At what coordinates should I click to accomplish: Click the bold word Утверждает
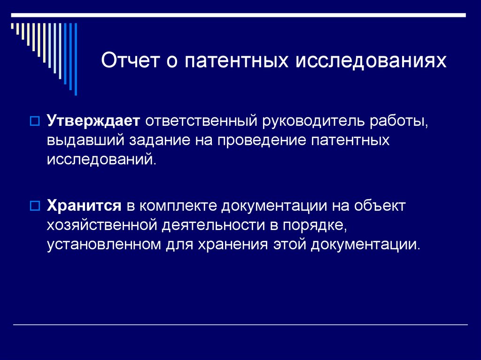coord(93,121)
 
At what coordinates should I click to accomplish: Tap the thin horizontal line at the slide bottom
coord(240,325)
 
